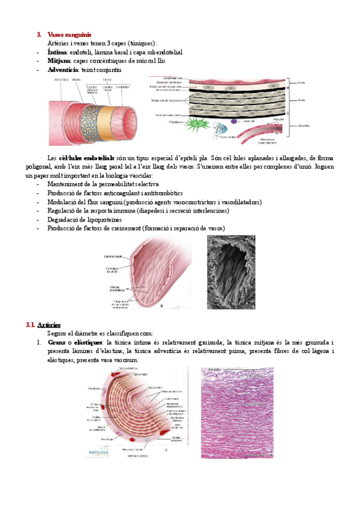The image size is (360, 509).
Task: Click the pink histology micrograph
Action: (237, 412)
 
